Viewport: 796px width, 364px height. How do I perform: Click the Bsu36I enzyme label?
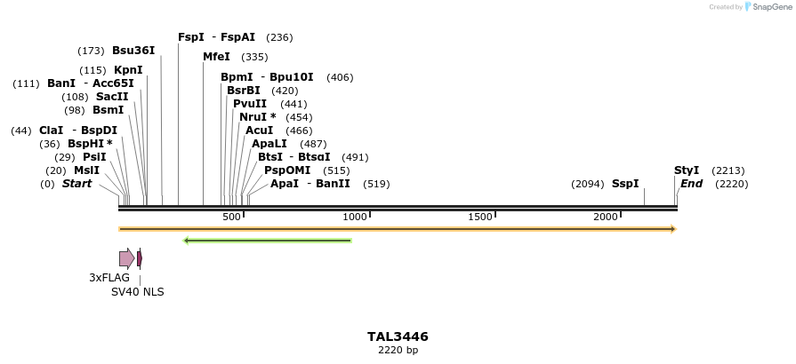point(133,51)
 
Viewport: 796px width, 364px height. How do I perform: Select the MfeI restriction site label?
point(216,57)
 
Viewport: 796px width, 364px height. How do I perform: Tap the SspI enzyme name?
point(625,184)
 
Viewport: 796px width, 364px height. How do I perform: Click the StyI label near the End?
point(687,170)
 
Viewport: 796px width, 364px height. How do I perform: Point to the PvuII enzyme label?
point(250,104)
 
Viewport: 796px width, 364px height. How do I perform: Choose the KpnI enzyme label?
point(128,70)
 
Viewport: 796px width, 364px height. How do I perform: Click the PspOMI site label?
point(287,170)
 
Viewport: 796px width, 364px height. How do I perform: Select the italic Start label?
point(76,184)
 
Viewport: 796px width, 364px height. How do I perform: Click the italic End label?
point(691,184)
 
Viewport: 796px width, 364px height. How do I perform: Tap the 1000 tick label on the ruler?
point(355,217)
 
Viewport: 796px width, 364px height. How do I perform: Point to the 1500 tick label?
point(480,217)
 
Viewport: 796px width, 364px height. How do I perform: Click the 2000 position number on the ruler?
point(606,217)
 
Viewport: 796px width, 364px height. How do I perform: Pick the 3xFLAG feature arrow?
point(126,258)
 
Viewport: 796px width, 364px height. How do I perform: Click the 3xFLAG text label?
point(109,278)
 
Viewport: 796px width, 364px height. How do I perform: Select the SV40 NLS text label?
point(137,292)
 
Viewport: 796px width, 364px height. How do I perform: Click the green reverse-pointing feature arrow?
point(267,240)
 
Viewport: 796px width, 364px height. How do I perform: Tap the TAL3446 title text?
point(398,336)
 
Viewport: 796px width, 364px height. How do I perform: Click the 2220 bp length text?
point(398,351)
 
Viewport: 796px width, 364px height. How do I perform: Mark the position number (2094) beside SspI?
point(587,184)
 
